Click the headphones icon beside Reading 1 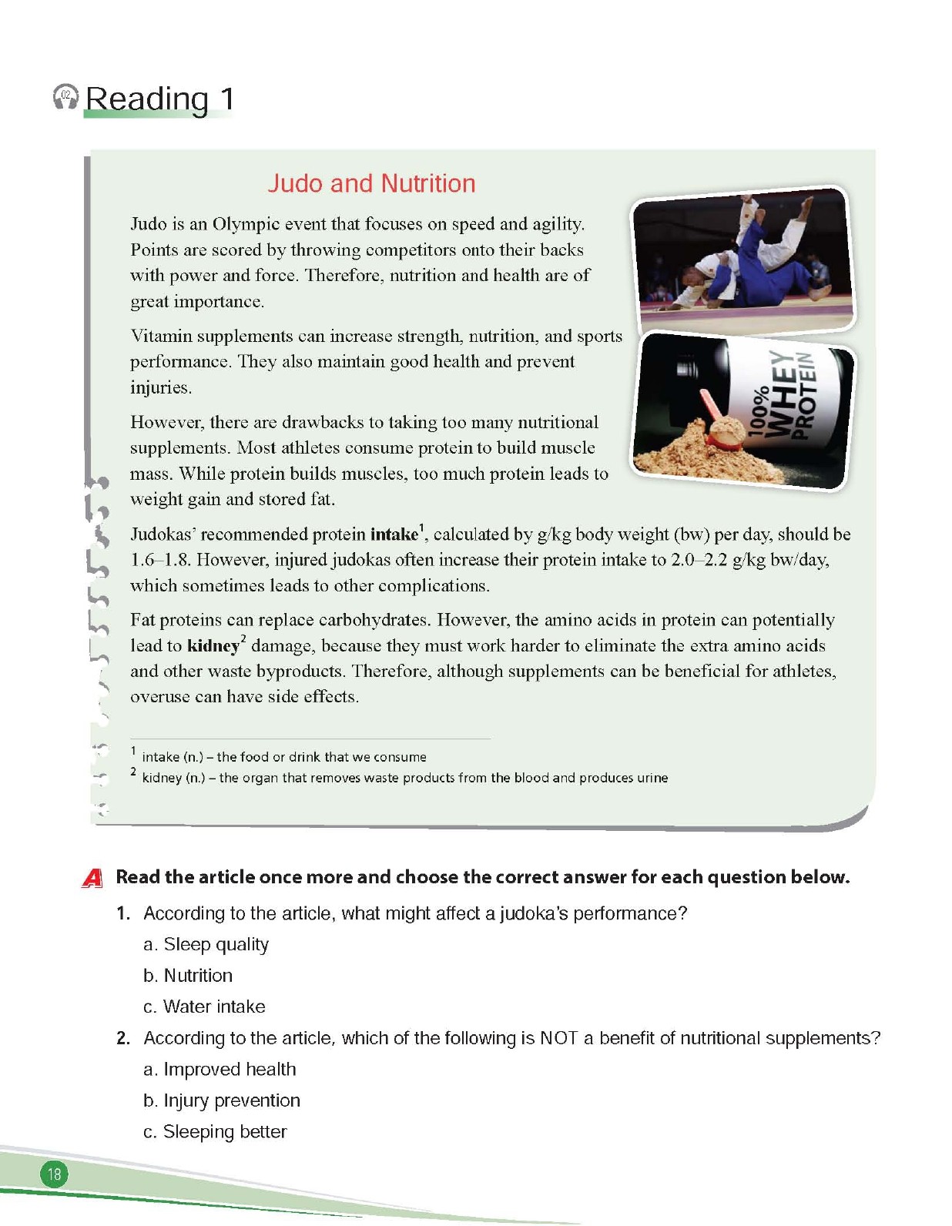[65, 98]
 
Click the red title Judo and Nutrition [371, 183]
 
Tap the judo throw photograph [742, 259]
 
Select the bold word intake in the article [394, 534]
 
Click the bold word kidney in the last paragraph [213, 645]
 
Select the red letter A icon [92, 877]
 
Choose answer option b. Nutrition [188, 976]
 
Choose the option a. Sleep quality [206, 944]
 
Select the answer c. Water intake [204, 1007]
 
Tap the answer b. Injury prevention [222, 1100]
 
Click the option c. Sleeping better [215, 1132]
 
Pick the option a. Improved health [220, 1070]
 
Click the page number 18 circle [54, 1174]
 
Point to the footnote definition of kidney [404, 778]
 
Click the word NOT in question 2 [558, 1038]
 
